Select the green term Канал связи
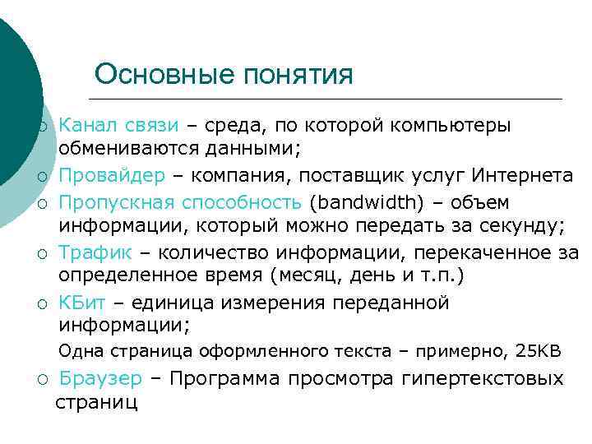click(118, 125)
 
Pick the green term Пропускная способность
click(182, 202)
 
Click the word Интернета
click(520, 175)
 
